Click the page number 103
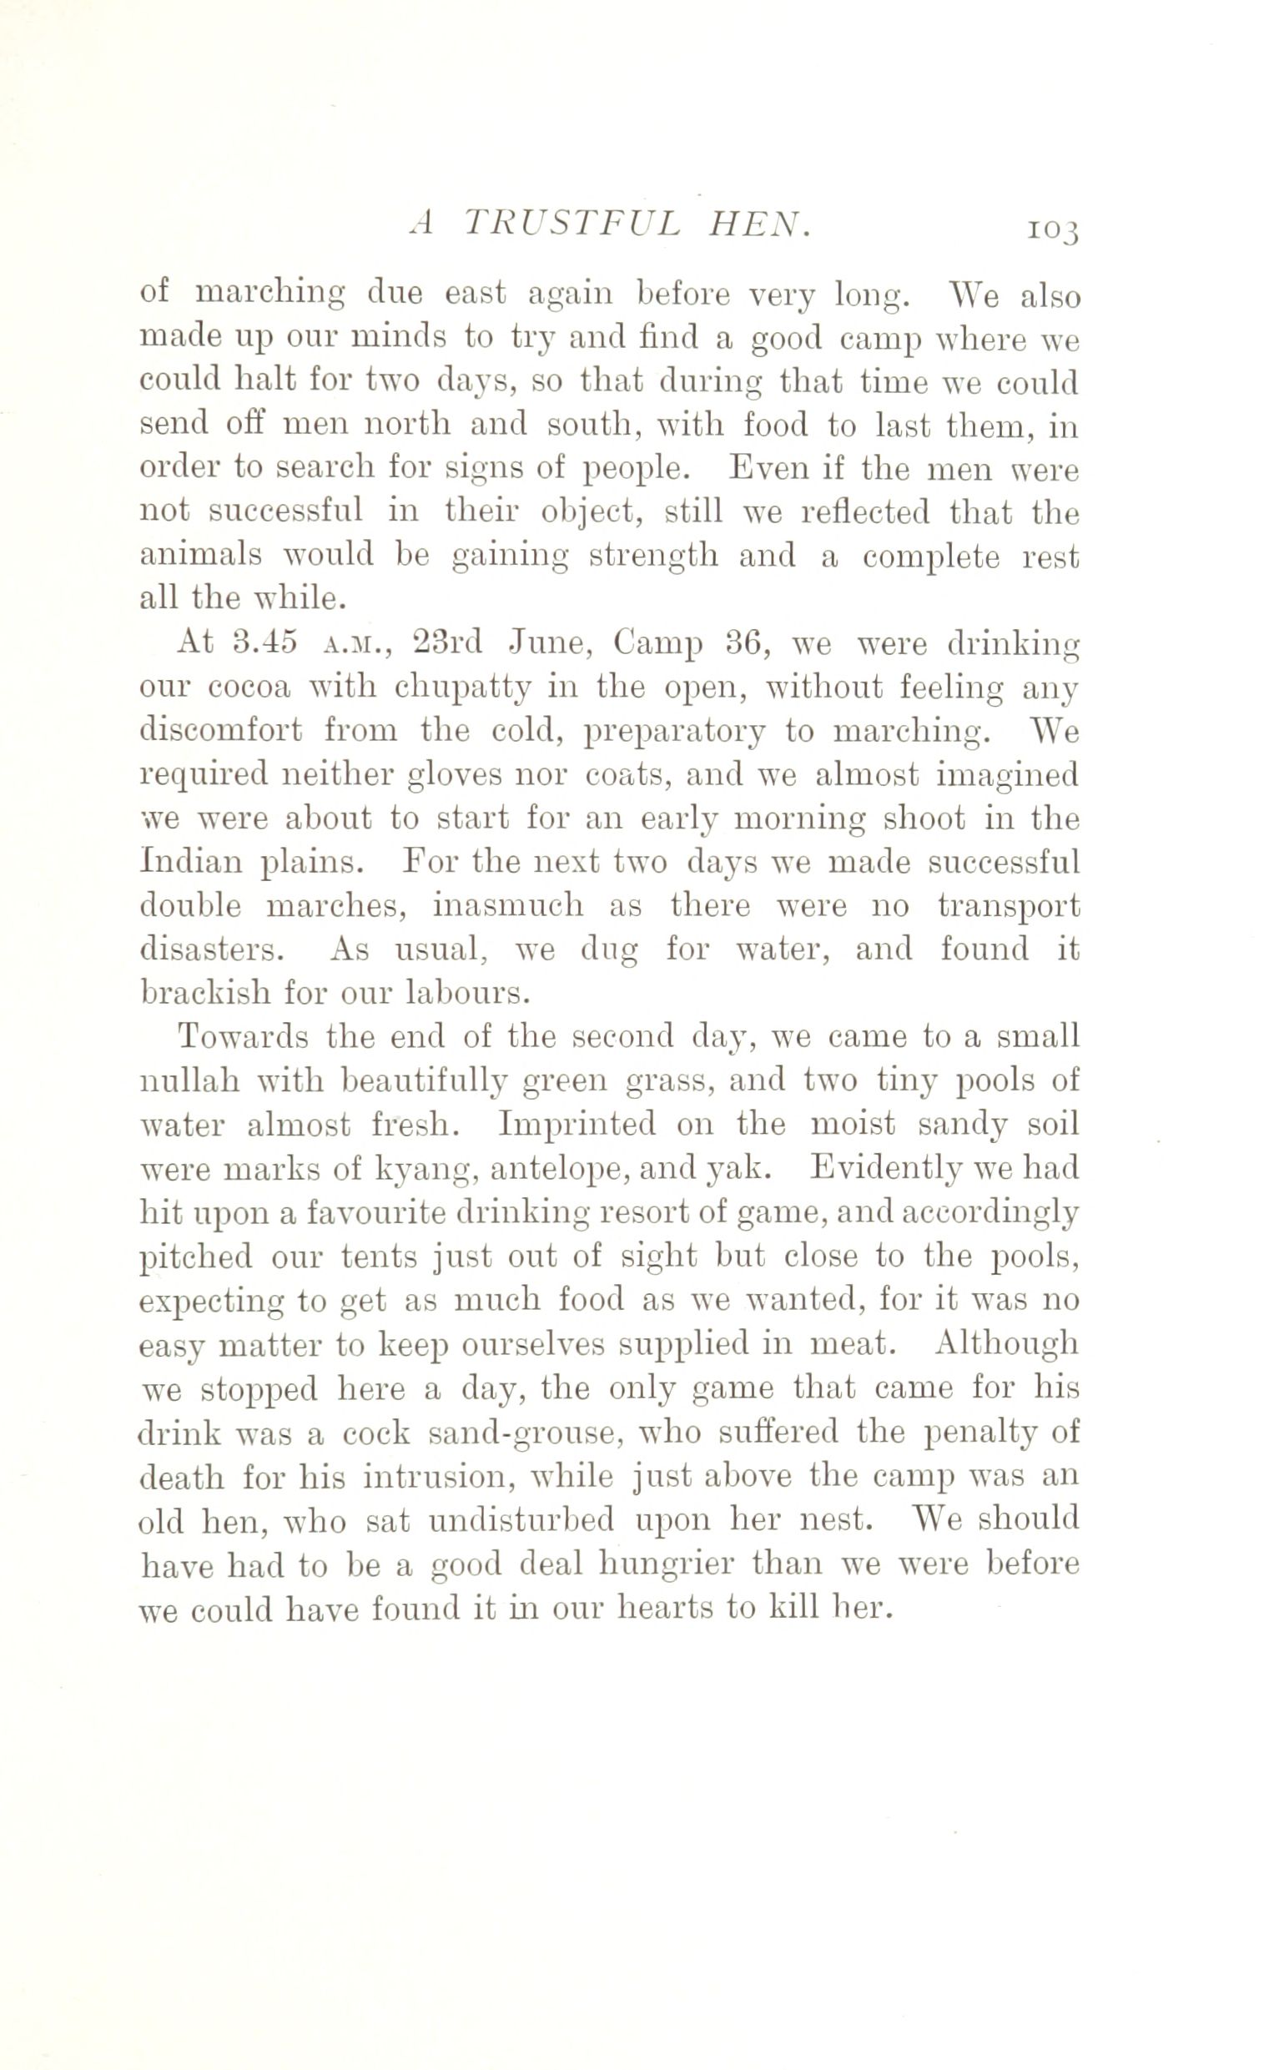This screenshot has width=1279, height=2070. coord(1051,229)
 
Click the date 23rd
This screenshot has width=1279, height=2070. coord(446,644)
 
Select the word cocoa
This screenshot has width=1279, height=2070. coord(249,687)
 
